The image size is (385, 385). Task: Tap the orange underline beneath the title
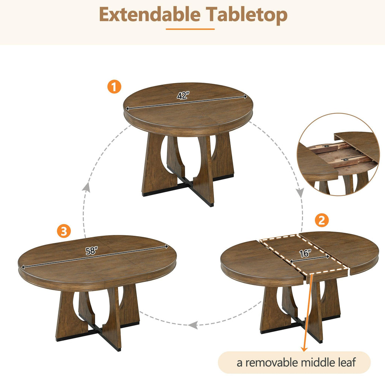click(190, 29)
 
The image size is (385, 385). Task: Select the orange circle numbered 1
click(114, 87)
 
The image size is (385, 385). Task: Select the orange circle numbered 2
click(321, 221)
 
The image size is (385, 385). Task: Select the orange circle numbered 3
click(64, 231)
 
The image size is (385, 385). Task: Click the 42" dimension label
click(183, 96)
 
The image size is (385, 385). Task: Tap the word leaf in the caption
click(346, 362)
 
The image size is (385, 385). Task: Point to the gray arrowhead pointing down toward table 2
click(300, 192)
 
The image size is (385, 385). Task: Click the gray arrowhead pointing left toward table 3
click(193, 324)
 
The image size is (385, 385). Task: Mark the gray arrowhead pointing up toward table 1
click(86, 187)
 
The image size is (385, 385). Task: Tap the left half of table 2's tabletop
click(256, 259)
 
